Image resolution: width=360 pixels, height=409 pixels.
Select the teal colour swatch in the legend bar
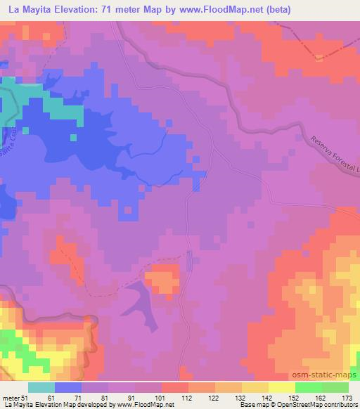(x=41, y=387)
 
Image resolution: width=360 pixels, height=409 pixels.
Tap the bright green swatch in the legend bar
(x=309, y=387)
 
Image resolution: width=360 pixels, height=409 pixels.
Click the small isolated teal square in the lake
(x=25, y=130)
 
